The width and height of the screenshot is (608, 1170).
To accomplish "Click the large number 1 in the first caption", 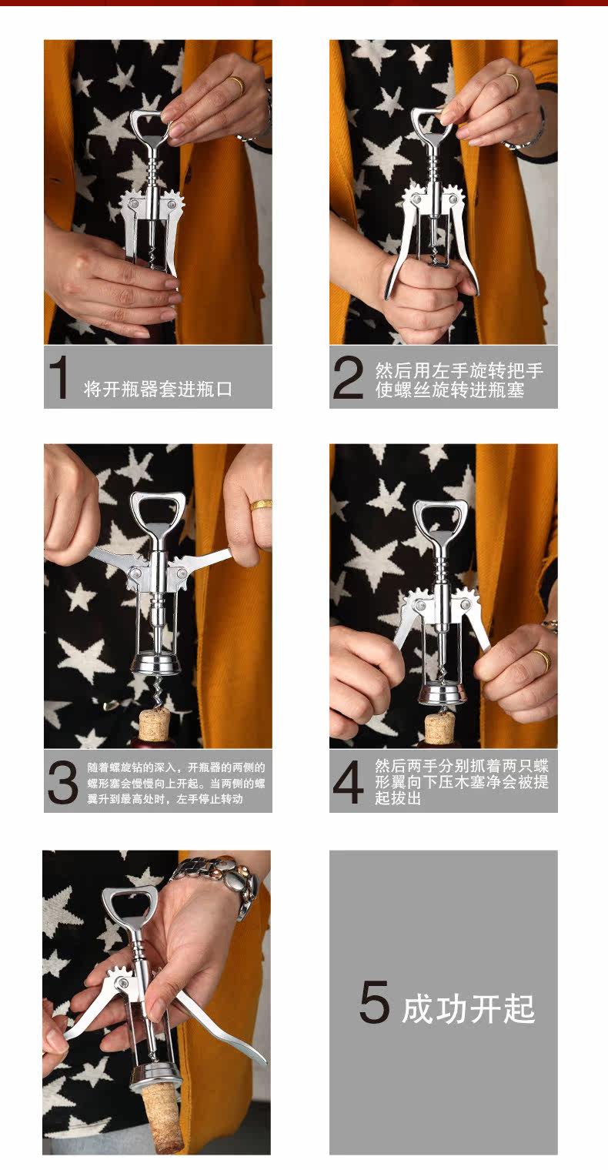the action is pyautogui.click(x=59, y=376).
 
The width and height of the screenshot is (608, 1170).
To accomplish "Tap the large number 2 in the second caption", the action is pyautogui.click(x=348, y=377).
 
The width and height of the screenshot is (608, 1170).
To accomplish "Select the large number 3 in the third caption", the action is pyautogui.click(x=62, y=782).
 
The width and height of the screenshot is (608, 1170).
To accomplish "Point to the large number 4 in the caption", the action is pyautogui.click(x=348, y=782).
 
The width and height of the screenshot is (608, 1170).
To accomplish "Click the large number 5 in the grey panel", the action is pyautogui.click(x=374, y=1001).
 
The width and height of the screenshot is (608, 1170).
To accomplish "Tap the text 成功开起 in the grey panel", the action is pyautogui.click(x=468, y=1008).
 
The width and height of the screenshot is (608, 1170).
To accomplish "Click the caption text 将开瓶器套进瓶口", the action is pyautogui.click(x=158, y=389).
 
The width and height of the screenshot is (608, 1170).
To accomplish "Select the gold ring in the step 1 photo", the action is pyautogui.click(x=236, y=85).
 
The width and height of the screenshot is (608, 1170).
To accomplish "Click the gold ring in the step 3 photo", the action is pyautogui.click(x=261, y=505).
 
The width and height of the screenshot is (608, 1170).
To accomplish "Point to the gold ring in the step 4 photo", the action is pyautogui.click(x=542, y=660).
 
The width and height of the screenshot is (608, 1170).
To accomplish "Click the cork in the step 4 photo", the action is pyautogui.click(x=439, y=727).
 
